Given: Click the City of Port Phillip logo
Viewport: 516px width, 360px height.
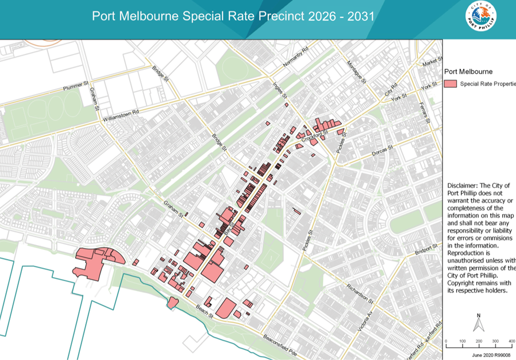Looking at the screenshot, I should pyautogui.click(x=480, y=17).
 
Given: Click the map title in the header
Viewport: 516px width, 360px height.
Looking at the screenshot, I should pyautogui.click(x=233, y=16).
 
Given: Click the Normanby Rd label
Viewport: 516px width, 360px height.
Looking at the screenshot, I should pyautogui.click(x=297, y=57).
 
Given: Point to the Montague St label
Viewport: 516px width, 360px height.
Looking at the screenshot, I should pyautogui.click(x=357, y=71).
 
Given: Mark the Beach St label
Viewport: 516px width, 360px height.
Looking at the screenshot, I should pyautogui.click(x=203, y=310).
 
